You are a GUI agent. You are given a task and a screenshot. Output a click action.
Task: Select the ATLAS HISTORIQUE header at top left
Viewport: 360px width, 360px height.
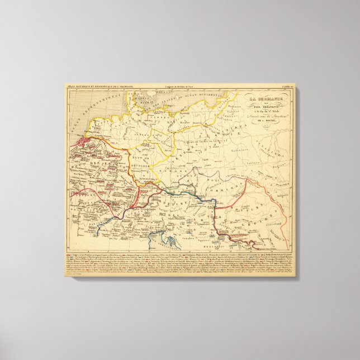pyautogui.click(x=95, y=87)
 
